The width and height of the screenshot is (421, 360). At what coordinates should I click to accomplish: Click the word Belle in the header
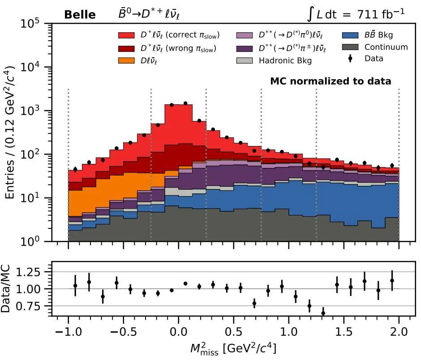(x=80, y=15)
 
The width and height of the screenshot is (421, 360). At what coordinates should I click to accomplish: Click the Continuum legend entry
(x=386, y=47)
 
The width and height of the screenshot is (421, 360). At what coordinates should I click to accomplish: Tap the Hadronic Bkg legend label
(x=285, y=60)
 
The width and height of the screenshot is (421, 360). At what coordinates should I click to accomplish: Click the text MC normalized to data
(x=331, y=81)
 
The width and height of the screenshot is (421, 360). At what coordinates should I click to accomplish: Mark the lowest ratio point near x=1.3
(x=323, y=313)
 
